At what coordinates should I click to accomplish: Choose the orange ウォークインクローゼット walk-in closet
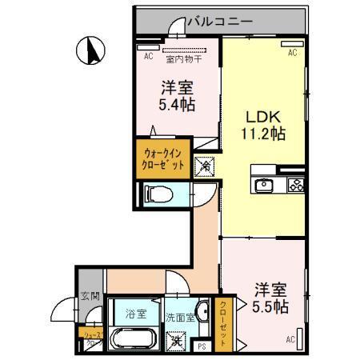164,158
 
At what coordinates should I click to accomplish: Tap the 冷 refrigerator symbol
205,166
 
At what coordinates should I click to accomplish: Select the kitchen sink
265,185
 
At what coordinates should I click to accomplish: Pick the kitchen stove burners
294,185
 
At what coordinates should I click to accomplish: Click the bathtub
133,337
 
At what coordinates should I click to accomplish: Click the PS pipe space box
202,346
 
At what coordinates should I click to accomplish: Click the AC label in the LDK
292,52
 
